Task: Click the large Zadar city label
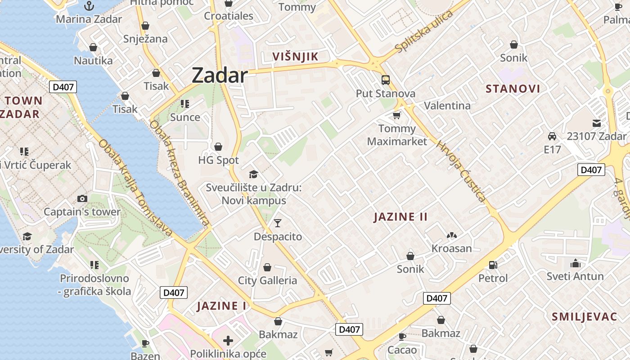pos(220,75)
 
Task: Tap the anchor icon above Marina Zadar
pos(89,6)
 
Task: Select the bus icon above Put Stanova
pos(386,80)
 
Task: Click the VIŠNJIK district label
pos(296,57)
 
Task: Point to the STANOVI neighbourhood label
pos(513,89)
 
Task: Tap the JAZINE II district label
pos(400,217)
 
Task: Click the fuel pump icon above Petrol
pos(493,265)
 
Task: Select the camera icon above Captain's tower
pos(82,198)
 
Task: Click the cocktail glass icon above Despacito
pos(278,223)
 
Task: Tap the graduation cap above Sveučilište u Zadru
pos(253,174)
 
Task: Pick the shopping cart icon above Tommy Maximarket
pos(396,116)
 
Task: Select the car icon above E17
pos(552,136)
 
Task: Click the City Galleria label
pos(267,280)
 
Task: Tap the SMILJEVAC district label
pos(585,317)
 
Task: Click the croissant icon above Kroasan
pos(452,235)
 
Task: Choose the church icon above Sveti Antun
pos(575,263)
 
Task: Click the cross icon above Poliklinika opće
pos(228,340)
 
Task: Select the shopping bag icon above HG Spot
pos(218,147)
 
